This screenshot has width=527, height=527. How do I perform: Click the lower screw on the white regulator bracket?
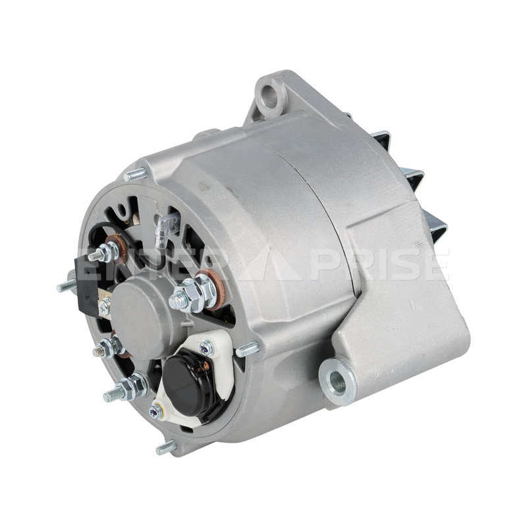point(156,411)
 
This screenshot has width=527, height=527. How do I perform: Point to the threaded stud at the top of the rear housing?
point(136,174)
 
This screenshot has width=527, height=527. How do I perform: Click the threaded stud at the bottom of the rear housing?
point(166,447)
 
